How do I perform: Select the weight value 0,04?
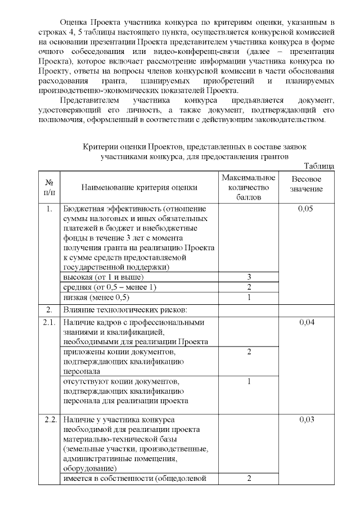[x=307, y=322]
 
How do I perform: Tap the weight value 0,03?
[x=307, y=420]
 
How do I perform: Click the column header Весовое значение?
[x=307, y=183]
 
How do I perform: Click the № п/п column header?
[x=49, y=188]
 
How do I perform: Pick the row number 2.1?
[x=49, y=322]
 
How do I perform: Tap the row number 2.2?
[x=49, y=420]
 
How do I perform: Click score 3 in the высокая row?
[x=249, y=277]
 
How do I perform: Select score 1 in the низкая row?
[x=249, y=297]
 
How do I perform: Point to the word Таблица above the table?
[x=319, y=166]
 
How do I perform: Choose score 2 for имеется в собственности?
[x=249, y=479]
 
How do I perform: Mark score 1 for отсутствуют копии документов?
[x=249, y=381]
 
